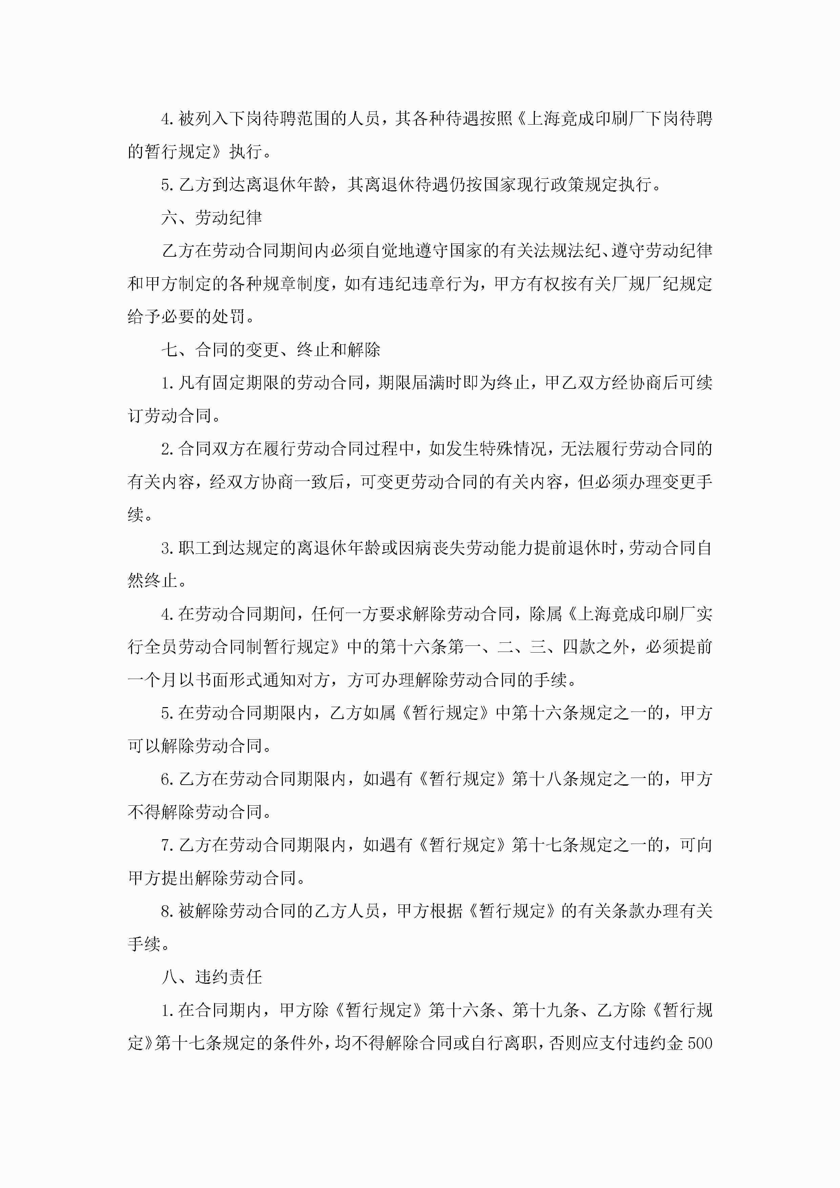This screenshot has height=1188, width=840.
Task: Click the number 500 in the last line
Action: pos(700,1043)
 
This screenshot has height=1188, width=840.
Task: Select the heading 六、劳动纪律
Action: pos(212,218)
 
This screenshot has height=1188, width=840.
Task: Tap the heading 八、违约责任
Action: pos(212,977)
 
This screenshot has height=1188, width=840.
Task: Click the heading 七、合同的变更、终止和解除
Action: pos(271,350)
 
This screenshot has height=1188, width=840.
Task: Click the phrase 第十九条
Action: pos(546,1010)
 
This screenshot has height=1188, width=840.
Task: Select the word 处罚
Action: pos(228,317)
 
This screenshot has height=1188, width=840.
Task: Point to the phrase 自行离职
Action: pos(504,1043)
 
